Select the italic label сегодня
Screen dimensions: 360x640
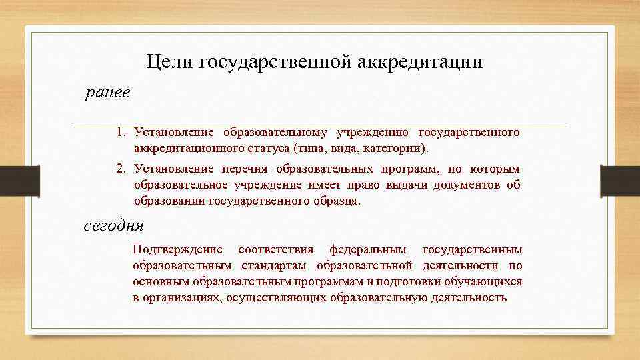pos(113,225)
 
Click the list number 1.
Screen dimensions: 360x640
pos(119,133)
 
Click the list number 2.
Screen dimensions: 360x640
pos(119,169)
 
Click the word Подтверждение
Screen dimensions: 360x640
pos(177,250)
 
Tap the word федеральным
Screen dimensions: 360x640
pos(367,250)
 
